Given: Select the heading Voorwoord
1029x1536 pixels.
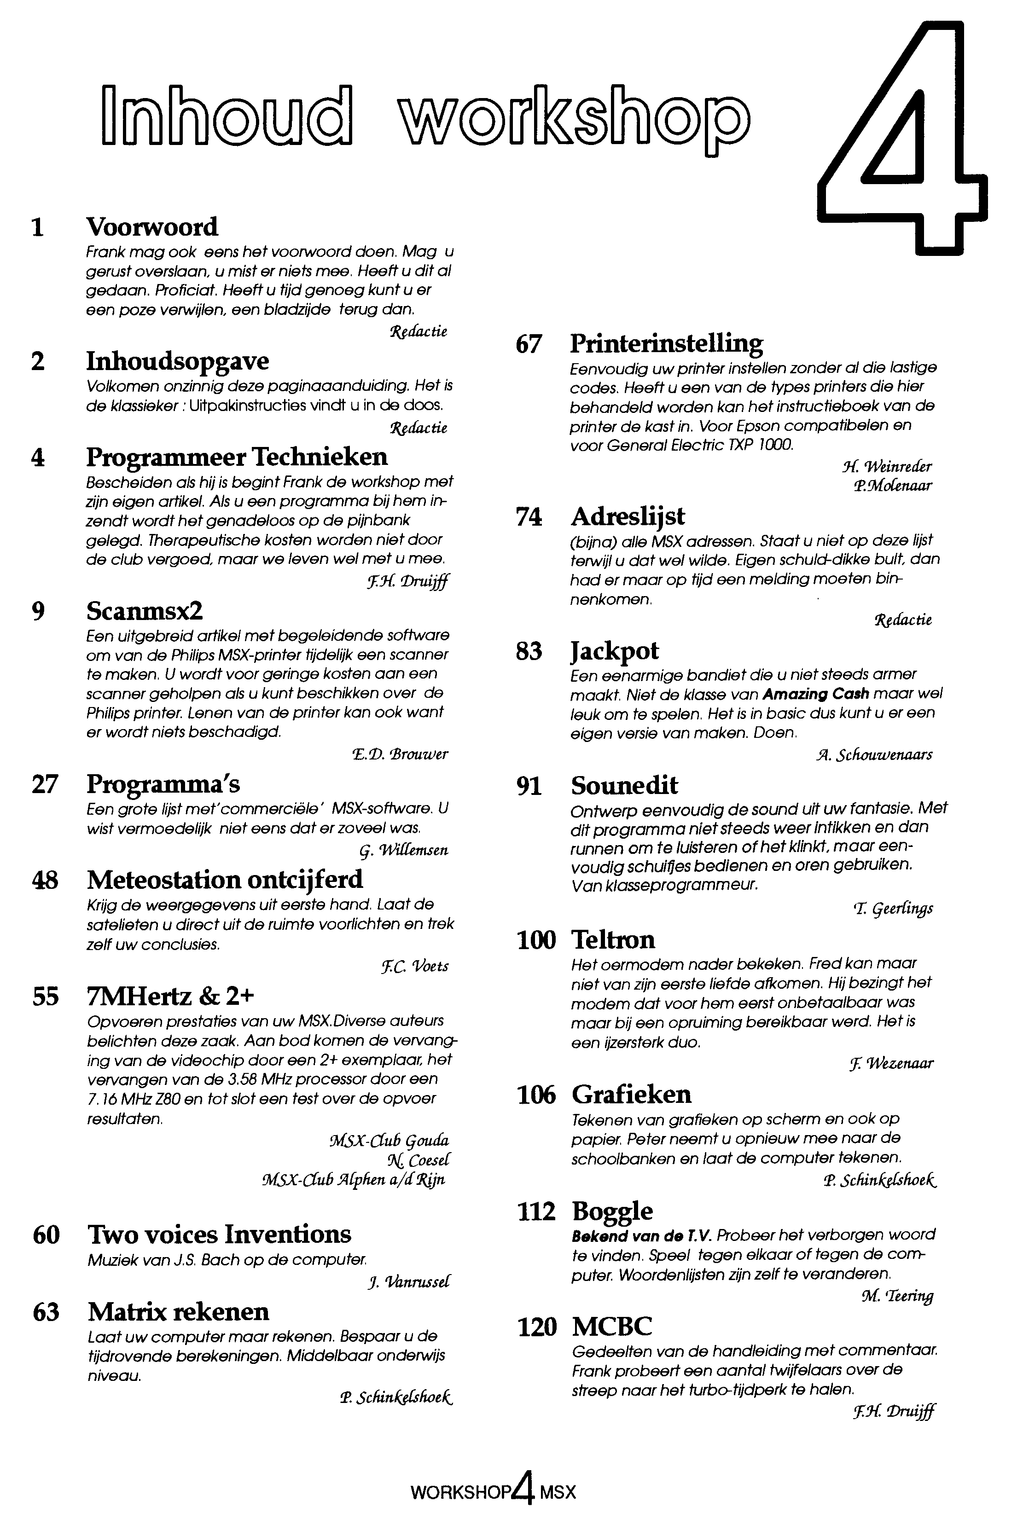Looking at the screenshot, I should coord(152,227).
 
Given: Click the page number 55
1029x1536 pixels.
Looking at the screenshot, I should coord(45,997).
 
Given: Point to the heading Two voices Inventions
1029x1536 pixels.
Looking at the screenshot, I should coord(219,1234).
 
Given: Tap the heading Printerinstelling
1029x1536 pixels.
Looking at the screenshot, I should coord(666,343).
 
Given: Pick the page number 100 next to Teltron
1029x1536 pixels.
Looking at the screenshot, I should coord(536,939).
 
